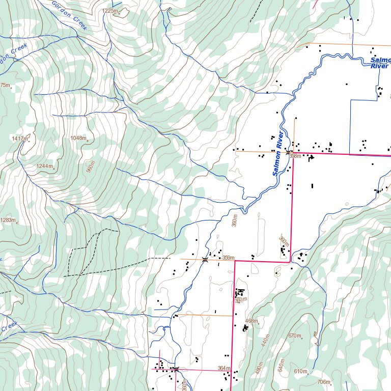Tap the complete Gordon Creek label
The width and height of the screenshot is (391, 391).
69,15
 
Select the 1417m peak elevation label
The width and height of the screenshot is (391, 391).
19,138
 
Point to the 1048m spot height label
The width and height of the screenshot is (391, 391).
78,138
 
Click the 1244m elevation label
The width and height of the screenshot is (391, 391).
44,166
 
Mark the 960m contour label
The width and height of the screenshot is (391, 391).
91,167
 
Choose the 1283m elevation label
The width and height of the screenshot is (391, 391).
8,220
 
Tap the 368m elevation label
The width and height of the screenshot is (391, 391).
295,156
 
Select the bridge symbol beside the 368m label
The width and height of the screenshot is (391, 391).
288,152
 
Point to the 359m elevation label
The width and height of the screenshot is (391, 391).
228,258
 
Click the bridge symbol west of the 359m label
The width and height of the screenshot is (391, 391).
205,260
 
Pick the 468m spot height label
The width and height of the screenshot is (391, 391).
252,321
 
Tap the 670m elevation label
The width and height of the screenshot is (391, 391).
295,336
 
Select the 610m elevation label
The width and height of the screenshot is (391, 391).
300,371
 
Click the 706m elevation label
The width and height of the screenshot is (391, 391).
323,382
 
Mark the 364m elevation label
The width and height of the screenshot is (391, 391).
224,368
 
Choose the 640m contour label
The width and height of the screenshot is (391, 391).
280,366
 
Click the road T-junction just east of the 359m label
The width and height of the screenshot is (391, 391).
235,261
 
